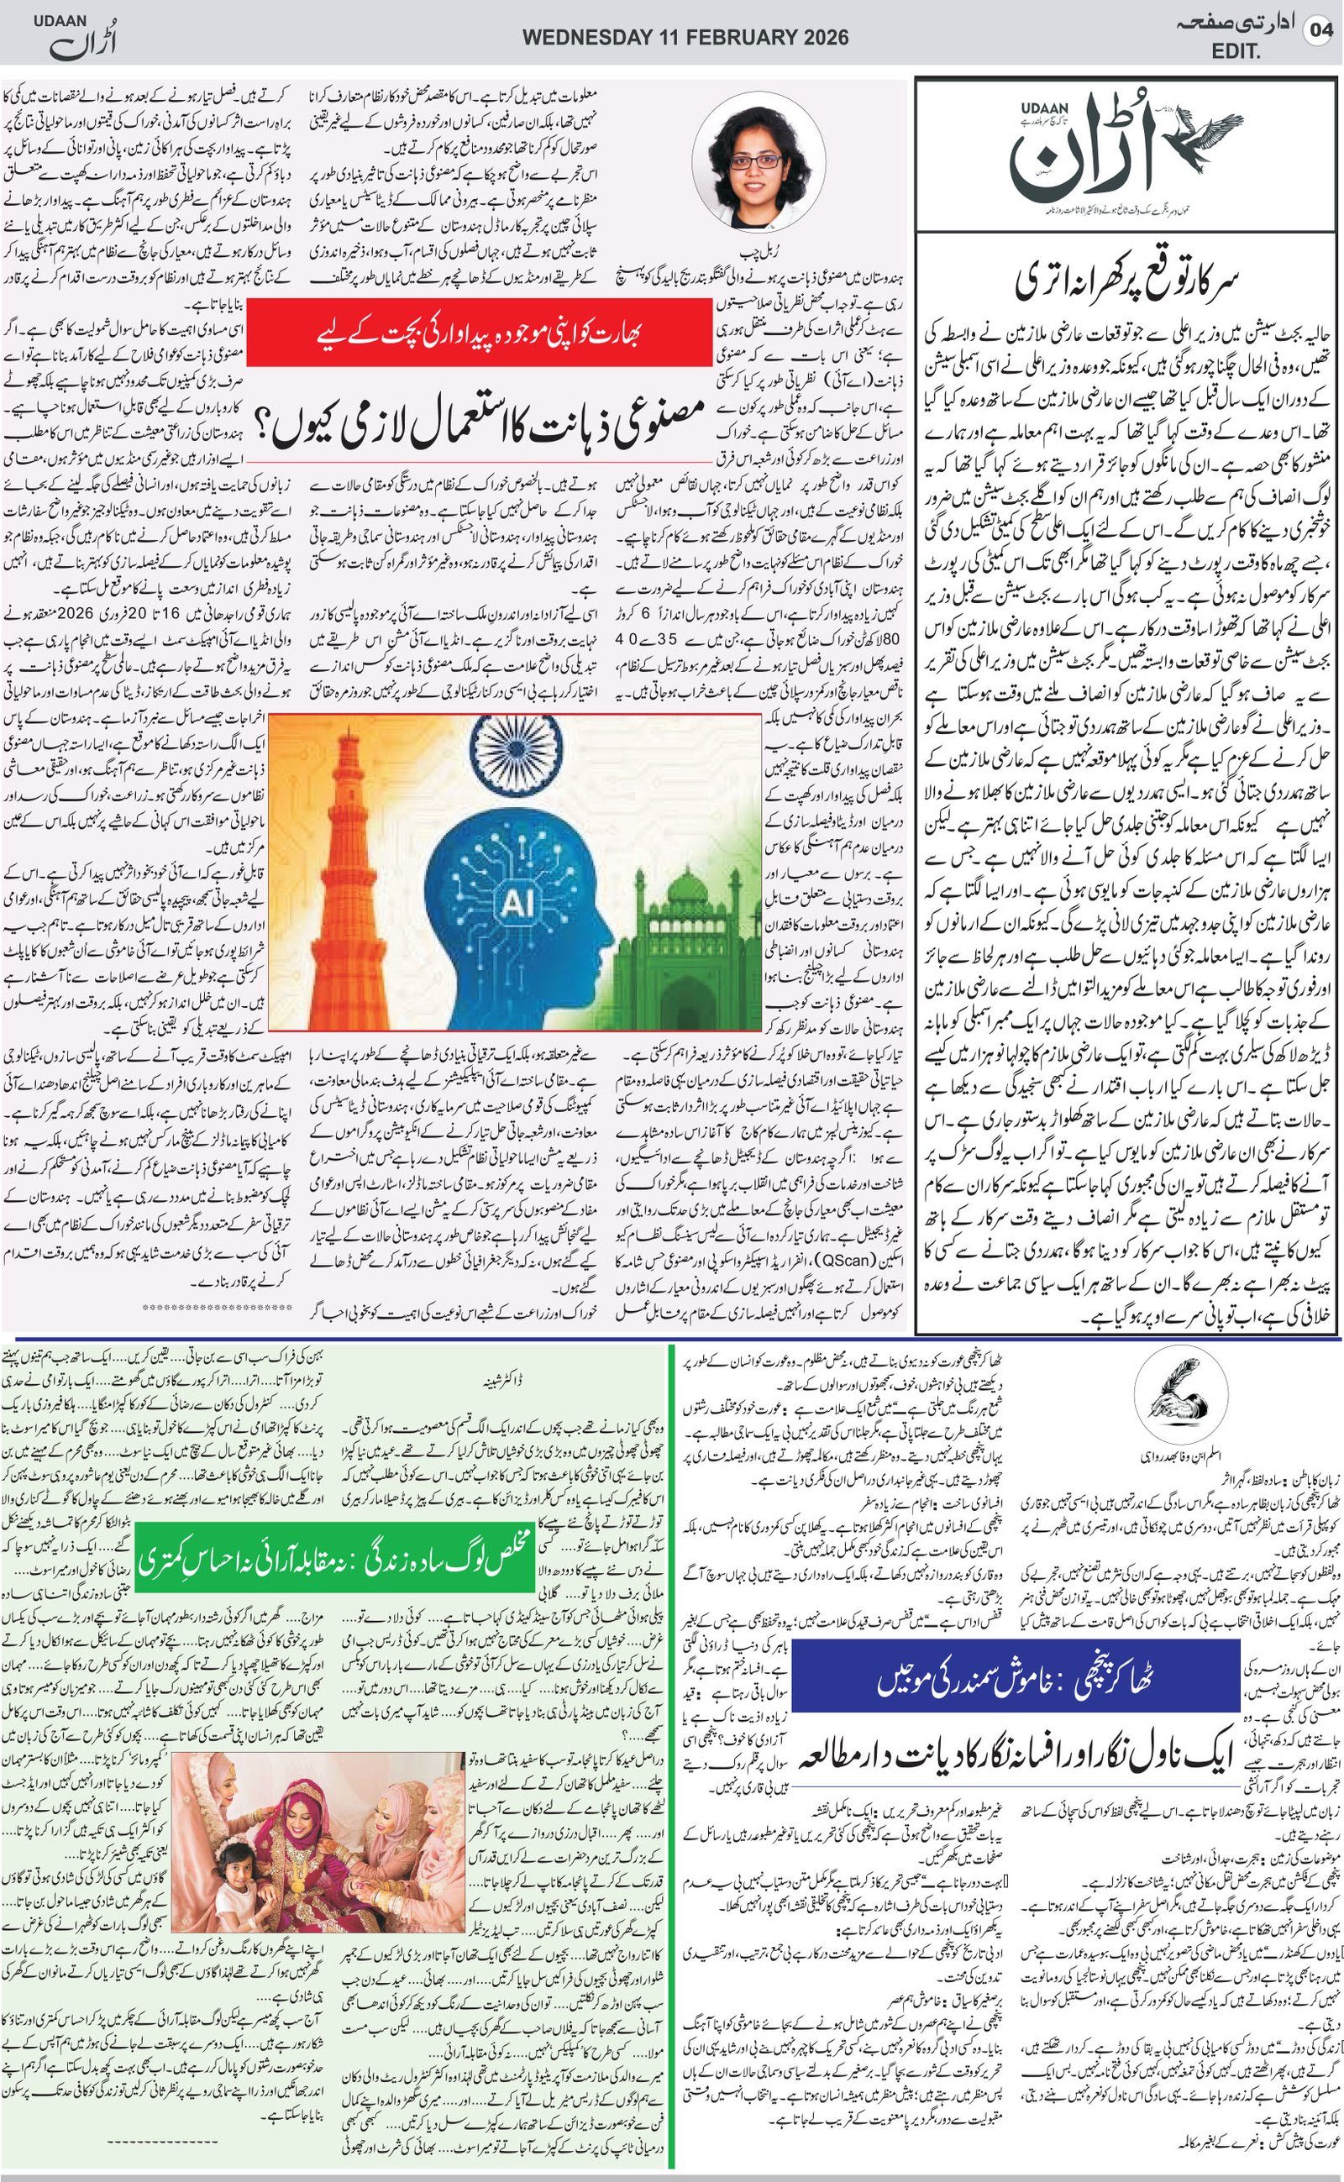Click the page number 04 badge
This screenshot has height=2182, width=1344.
(1320, 32)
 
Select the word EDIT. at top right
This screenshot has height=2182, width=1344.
(1236, 52)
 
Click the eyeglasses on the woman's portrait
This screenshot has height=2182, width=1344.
(758, 161)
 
